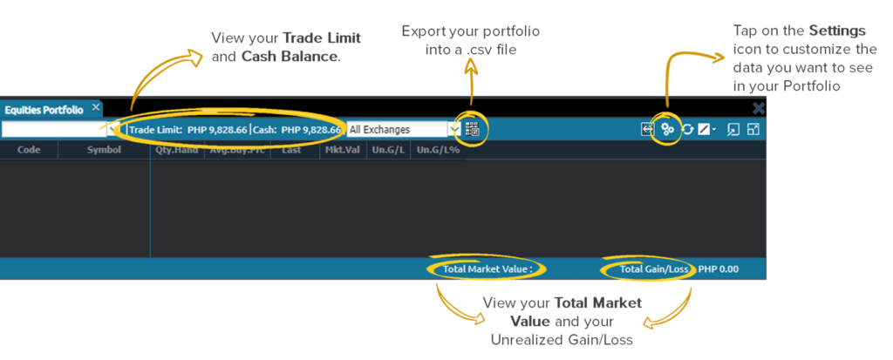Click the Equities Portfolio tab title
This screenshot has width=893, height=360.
43,110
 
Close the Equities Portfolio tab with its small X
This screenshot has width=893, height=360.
96,108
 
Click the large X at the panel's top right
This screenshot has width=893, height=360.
759,108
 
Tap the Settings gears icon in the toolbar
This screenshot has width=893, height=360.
668,129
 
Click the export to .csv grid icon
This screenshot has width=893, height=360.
473,129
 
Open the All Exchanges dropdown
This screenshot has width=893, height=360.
453,129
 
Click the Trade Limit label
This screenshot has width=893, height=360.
156,130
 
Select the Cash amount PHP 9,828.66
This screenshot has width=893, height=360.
310,130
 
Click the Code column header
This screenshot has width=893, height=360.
29,149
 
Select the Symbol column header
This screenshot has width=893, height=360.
104,149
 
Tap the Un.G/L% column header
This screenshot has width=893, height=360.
436,149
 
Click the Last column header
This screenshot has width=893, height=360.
291,149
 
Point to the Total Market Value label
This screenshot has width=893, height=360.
487,268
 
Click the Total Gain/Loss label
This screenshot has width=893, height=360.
654,268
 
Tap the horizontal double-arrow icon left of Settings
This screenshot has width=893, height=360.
647,129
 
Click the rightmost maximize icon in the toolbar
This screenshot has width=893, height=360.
753,129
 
